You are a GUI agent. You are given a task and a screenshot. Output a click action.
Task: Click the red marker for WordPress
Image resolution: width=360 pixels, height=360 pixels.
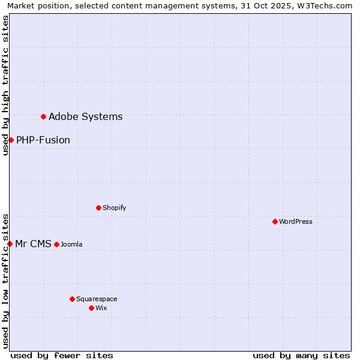point(275,222)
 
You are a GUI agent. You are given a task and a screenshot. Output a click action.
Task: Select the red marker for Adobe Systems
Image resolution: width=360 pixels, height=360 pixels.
point(43,116)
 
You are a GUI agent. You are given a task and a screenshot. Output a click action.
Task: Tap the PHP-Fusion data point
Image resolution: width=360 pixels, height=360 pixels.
point(11,140)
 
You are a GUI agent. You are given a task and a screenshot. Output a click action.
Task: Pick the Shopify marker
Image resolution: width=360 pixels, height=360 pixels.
point(98,208)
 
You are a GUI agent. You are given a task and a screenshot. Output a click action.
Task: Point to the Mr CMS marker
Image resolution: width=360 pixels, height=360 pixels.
point(10,244)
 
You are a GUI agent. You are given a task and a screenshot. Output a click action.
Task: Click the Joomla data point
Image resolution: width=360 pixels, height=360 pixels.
point(56,244)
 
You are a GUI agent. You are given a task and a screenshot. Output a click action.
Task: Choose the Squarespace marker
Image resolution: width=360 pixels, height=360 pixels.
point(72,299)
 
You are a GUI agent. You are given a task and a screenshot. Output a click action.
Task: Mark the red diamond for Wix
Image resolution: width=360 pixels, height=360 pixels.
point(91,308)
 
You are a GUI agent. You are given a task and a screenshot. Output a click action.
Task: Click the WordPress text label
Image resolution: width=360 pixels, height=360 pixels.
point(296,222)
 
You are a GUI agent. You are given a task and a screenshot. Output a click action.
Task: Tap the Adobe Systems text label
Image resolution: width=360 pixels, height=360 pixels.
point(85,117)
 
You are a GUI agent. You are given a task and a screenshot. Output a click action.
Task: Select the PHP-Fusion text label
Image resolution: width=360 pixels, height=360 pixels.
point(43,140)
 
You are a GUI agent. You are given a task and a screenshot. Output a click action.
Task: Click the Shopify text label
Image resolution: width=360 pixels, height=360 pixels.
point(114,208)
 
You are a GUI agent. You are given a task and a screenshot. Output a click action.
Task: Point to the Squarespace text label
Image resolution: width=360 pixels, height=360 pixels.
point(97,299)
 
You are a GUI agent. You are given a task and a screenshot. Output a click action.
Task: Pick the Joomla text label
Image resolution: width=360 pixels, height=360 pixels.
point(71,245)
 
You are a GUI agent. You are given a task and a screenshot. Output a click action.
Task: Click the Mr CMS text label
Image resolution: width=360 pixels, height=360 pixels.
point(33,244)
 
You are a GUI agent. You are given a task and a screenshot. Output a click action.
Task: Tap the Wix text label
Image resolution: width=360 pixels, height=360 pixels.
point(101,308)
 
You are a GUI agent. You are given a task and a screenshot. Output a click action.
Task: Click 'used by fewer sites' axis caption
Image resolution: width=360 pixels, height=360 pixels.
point(62,355)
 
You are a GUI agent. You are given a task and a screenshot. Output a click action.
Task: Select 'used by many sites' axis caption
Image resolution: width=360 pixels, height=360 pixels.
point(301,355)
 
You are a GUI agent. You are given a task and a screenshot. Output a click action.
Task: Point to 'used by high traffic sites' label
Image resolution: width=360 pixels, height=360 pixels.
point(6,85)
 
